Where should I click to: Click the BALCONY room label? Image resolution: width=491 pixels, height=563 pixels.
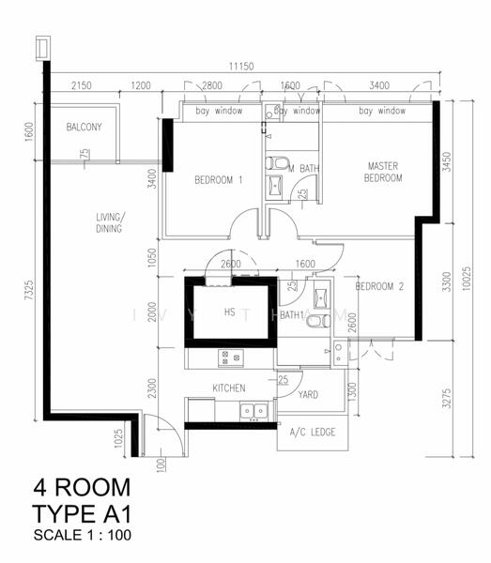tap(84, 128)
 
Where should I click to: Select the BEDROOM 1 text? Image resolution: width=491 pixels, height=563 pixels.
tap(219, 180)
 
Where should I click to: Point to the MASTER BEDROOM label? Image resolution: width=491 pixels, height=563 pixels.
tap(384, 172)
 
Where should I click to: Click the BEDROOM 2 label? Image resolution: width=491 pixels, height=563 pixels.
tap(379, 286)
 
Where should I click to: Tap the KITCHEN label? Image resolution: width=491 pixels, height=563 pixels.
tap(229, 388)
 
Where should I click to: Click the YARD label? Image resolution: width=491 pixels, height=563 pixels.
tap(308, 395)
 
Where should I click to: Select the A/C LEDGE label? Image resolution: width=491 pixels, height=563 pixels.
tap(311, 432)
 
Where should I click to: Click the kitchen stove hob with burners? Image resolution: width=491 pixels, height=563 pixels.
tap(231, 358)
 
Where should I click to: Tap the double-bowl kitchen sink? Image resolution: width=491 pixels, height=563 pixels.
tap(252, 410)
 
